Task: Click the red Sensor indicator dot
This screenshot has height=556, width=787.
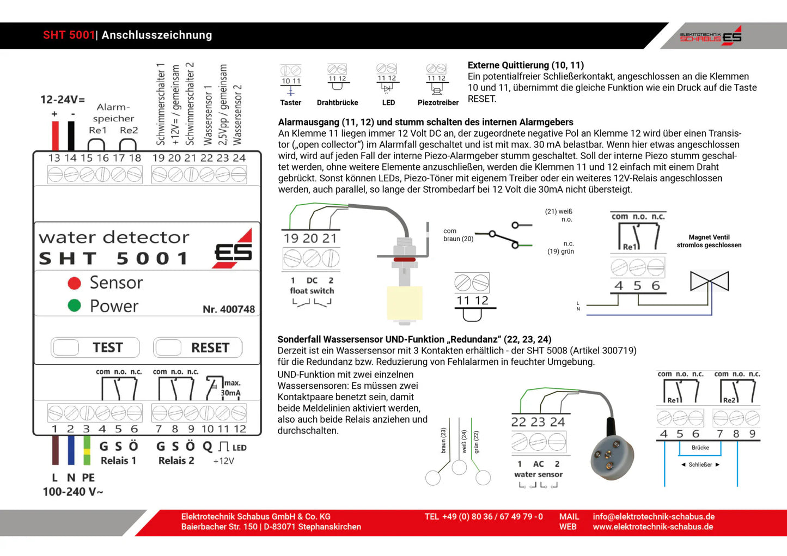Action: [75, 283]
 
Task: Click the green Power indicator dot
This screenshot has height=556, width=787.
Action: [75, 306]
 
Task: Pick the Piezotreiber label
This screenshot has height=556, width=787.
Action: [438, 102]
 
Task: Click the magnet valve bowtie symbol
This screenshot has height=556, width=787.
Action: [709, 281]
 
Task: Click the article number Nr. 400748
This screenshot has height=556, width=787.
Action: [229, 309]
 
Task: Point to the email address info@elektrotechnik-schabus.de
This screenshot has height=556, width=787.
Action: [654, 516]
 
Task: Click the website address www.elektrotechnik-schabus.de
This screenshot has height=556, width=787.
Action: [652, 527]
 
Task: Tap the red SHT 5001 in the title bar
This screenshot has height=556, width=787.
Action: [69, 35]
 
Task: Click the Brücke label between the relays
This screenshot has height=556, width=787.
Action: [700, 448]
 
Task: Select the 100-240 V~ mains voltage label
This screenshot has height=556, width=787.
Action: [73, 492]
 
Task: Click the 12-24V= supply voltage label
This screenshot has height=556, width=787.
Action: [63, 100]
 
